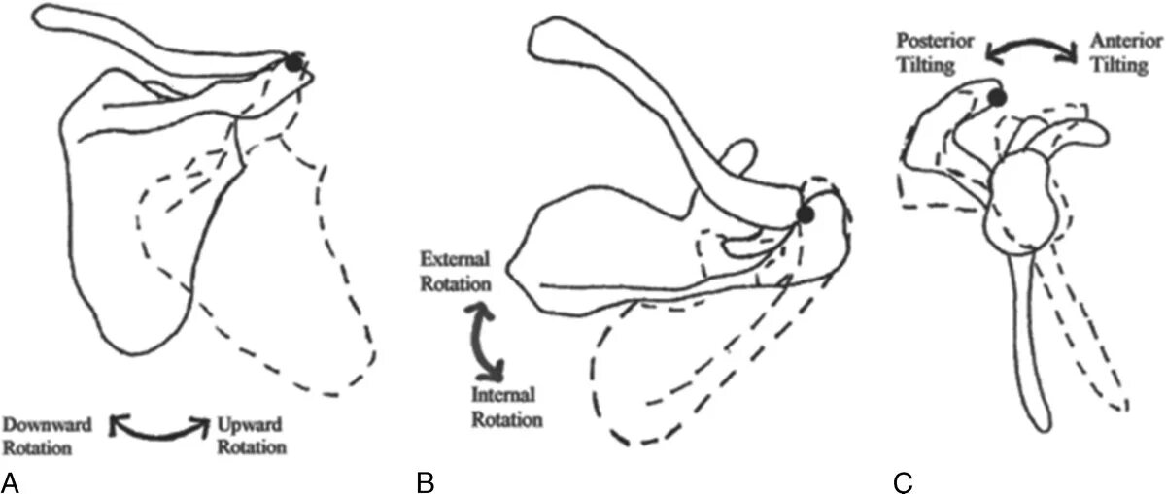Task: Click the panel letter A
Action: [x=12, y=480]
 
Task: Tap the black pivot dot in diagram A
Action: [x=292, y=63]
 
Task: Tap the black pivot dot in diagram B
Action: [x=805, y=214]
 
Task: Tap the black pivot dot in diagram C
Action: [x=997, y=96]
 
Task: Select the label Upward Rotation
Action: [x=252, y=436]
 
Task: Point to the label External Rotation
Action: [x=454, y=271]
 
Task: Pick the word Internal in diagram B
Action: [x=505, y=395]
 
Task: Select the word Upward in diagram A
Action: [x=252, y=424]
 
